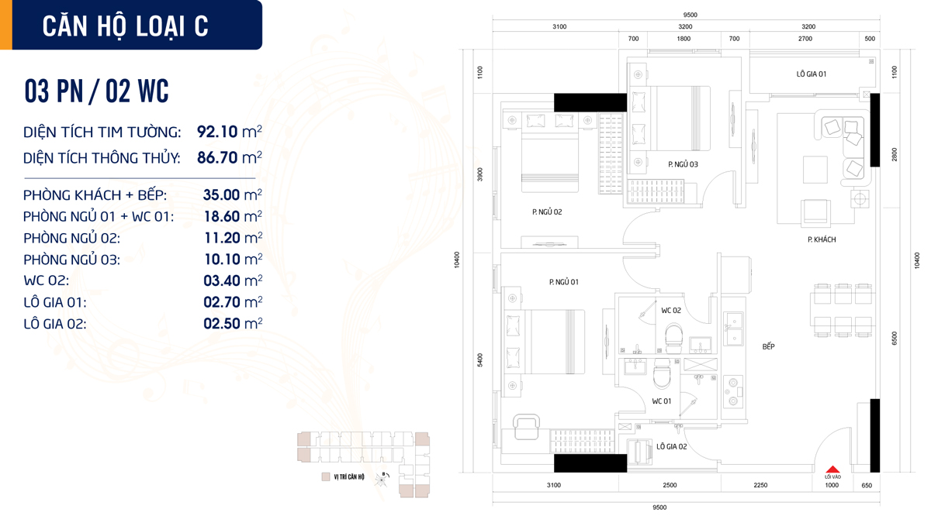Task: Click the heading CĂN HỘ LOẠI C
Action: (x=126, y=26)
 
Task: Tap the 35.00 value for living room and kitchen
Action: (x=221, y=194)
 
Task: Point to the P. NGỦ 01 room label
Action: (x=563, y=282)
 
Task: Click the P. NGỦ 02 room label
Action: (x=547, y=212)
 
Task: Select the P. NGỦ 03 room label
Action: (x=683, y=164)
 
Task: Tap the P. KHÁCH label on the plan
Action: (x=822, y=239)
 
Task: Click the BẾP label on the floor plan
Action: (x=768, y=346)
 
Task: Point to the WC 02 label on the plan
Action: (x=671, y=311)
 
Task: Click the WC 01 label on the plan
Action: (x=662, y=401)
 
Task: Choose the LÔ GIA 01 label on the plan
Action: (x=812, y=74)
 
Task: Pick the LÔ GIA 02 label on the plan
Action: (x=671, y=447)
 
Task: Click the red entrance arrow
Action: (x=832, y=470)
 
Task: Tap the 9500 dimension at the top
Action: (x=690, y=15)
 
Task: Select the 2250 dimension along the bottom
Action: (x=760, y=485)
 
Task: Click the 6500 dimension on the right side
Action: (x=895, y=339)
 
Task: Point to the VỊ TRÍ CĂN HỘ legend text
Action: (x=349, y=477)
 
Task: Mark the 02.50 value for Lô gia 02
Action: (x=221, y=324)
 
